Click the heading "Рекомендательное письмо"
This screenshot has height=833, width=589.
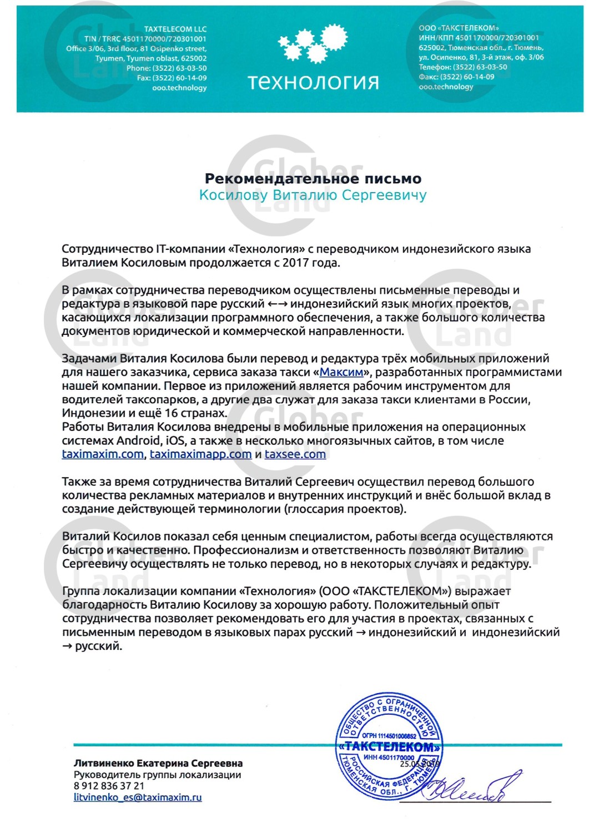[313, 179]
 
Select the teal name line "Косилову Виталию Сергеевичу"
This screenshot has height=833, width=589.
[313, 195]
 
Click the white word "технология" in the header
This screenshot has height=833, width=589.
[314, 82]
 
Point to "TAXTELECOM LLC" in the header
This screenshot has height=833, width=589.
[175, 29]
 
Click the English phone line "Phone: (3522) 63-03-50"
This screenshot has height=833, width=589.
[167, 68]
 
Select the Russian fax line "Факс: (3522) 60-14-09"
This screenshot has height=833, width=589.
[456, 77]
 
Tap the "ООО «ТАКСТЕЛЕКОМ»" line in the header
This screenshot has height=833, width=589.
[459, 28]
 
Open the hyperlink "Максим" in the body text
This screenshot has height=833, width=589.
[341, 372]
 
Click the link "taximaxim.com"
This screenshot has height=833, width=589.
[103, 454]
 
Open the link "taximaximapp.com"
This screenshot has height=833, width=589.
[200, 454]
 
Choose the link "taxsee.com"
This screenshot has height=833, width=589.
[295, 454]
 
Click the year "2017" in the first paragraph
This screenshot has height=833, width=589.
[295, 263]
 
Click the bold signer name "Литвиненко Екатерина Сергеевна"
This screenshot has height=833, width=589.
[158, 764]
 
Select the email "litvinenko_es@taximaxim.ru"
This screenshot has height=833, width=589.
[138, 797]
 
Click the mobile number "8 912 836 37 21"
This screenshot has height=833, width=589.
[109, 786]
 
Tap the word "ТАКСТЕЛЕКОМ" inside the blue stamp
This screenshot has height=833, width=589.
[390, 747]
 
